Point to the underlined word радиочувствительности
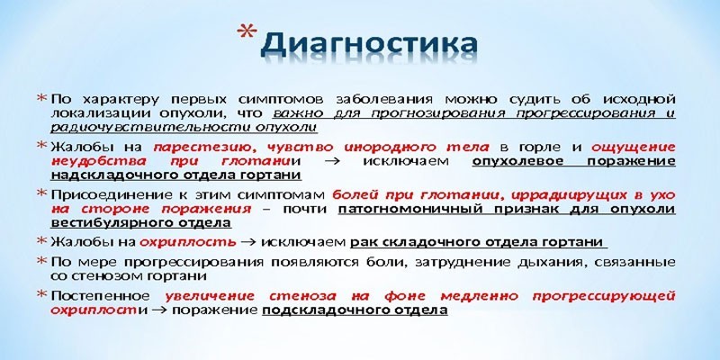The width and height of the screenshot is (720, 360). point(127,128)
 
